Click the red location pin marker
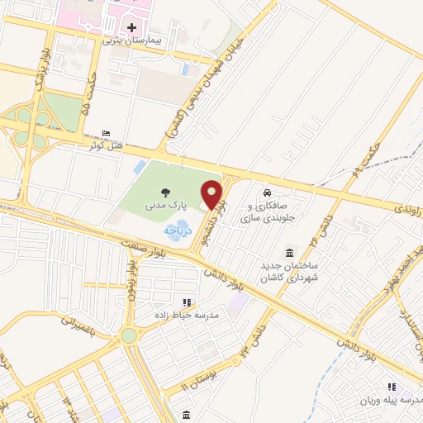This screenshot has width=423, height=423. click(x=212, y=193)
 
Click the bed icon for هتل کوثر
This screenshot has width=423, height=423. click(x=104, y=135)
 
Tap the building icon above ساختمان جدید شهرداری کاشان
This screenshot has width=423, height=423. click(x=289, y=253)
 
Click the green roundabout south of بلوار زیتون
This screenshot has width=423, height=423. click(x=129, y=335)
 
